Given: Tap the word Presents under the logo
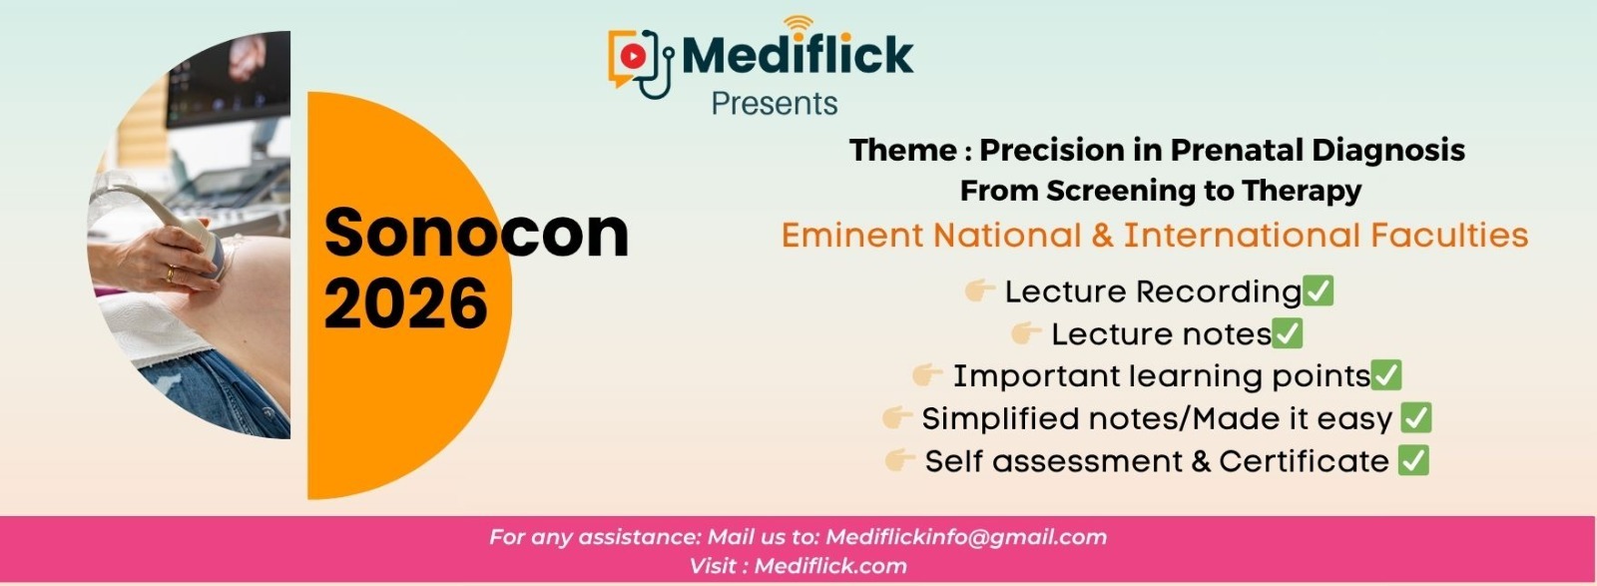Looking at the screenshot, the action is coord(775,104).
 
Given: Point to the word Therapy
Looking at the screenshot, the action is coord(1302,191).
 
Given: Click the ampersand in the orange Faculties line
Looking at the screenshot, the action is coord(1102,236).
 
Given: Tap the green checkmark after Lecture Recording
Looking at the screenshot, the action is coord(1318,291).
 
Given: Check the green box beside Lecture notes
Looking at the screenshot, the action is coord(1287,333).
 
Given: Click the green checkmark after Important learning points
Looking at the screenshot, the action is coord(1386,375).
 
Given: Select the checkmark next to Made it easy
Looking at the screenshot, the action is coord(1416,418).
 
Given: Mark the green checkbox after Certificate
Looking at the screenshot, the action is coord(1413,460).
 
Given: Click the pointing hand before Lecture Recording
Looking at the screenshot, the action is coord(979,291).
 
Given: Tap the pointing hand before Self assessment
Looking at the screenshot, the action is coord(899,460).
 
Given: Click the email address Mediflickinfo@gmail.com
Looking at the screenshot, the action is coord(966,537).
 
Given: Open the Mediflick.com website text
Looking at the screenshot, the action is coord(830,566).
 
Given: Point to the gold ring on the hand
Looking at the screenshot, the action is coord(170,274).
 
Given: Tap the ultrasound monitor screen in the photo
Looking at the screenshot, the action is coord(229,79).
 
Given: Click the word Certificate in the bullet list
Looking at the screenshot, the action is coord(1304,461).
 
